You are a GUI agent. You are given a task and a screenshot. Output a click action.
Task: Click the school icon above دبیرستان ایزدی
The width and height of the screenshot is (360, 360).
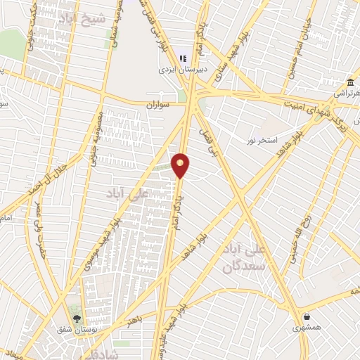coord(184,59)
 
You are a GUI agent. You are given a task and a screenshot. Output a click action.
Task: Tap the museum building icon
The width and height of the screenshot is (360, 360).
coord(350,84)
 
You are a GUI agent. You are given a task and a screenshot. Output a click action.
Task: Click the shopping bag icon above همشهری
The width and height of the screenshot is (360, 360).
coord(307,315)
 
